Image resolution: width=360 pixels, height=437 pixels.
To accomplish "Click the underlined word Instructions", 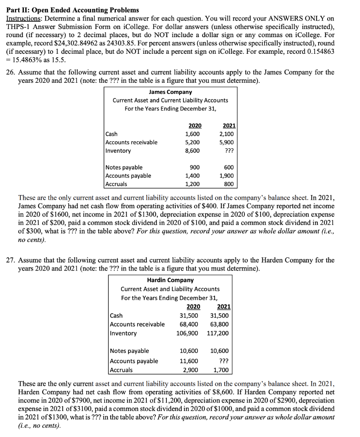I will (23, 19).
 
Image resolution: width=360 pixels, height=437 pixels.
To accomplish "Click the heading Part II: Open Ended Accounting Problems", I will (72, 10).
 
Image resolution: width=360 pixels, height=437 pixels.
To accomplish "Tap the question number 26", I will (11, 72).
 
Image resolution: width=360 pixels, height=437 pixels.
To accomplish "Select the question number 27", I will (11, 260).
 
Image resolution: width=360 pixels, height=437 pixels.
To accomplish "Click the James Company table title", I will (170, 92).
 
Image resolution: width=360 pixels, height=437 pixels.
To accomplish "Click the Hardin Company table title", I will (170, 280).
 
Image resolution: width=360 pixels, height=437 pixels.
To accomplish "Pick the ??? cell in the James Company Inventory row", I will (228, 151).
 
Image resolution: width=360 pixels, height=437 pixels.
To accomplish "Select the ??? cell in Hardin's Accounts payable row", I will (221, 361).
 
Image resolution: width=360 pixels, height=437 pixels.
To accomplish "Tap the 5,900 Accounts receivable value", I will (226, 142).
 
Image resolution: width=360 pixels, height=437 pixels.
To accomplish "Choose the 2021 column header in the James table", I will (229, 125).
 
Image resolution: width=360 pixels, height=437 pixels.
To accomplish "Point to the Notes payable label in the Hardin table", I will (130, 351).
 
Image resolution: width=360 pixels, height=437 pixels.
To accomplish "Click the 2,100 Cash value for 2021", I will (226, 134).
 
